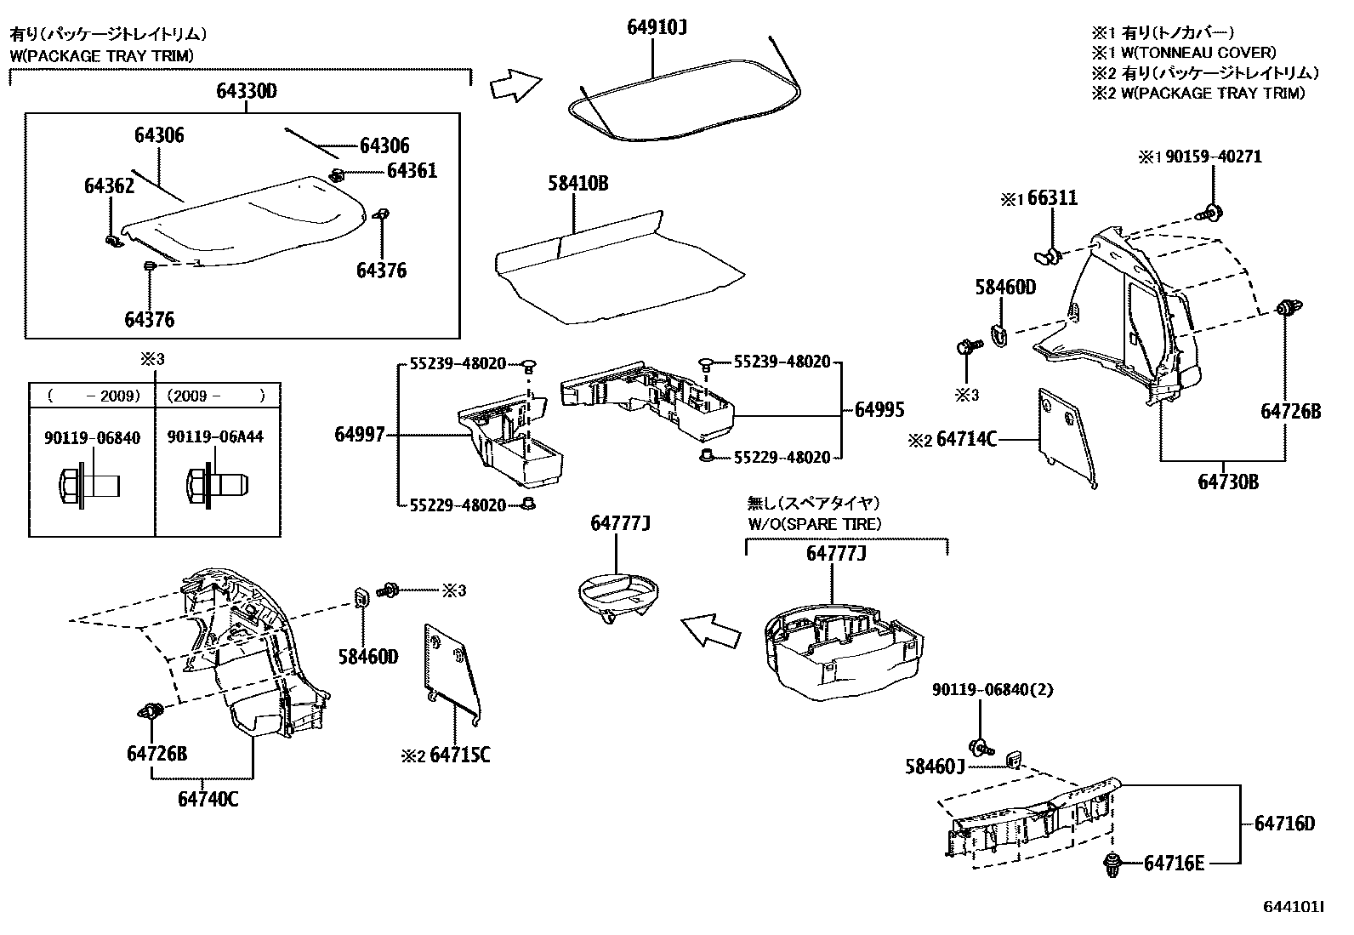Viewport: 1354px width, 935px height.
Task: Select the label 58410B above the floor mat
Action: (577, 183)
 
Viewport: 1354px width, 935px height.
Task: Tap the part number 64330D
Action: (247, 91)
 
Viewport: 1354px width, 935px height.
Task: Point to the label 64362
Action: (109, 185)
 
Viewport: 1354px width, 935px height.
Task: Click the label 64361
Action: (412, 171)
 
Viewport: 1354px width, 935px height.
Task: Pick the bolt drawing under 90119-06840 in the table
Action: (90, 487)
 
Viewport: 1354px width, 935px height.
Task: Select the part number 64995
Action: (879, 410)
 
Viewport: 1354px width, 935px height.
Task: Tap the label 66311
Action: (1052, 198)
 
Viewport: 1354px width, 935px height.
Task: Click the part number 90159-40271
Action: (1213, 157)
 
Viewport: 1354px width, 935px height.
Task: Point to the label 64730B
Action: (1228, 482)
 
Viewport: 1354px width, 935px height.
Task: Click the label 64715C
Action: (460, 755)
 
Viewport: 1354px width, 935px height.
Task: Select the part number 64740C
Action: (208, 800)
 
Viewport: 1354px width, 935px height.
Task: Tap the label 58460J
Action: (935, 767)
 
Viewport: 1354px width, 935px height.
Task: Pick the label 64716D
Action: (1284, 823)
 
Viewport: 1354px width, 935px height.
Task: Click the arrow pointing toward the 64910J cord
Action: (515, 85)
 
